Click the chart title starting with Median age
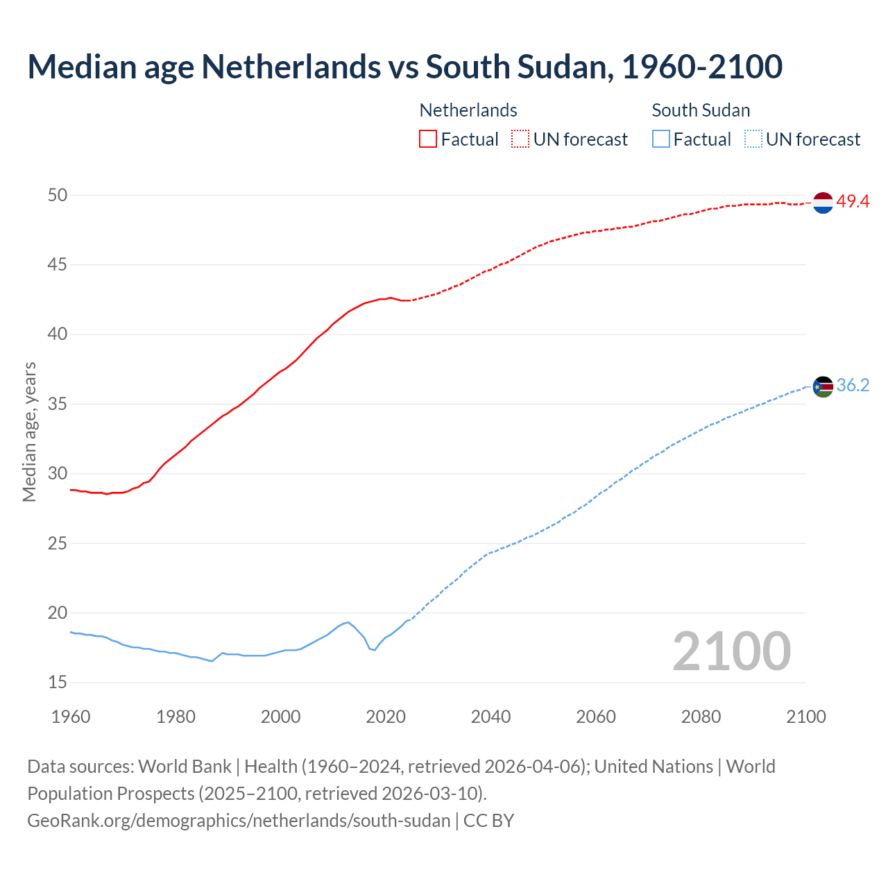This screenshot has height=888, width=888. coord(404,67)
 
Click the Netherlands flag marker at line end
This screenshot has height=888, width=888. coord(823,203)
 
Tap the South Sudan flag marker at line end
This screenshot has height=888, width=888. coord(823,386)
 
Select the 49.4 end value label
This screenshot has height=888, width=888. coord(853,201)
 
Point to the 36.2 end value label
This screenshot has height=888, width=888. coord(853,385)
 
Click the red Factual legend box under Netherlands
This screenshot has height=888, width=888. coord(428,139)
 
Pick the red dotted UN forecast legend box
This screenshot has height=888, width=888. coord(520,139)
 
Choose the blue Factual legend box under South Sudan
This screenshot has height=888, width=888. coord(661,139)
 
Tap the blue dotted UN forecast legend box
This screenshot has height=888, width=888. coord(753,139)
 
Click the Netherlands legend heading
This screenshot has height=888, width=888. coord(468,110)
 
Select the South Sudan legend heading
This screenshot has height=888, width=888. coord(701,110)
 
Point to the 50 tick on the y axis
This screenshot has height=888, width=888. coord(58,195)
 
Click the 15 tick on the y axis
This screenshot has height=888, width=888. coord(58,683)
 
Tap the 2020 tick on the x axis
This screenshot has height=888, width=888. coord(386,717)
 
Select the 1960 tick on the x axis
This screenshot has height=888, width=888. coord(71,717)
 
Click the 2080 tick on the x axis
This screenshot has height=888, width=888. coord(701,717)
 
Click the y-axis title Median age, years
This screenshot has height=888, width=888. coord(29,432)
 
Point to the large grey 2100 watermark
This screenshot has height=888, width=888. coord(732,651)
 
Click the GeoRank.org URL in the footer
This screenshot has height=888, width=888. coord(239,820)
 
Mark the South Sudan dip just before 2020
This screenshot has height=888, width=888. coord(374,650)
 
